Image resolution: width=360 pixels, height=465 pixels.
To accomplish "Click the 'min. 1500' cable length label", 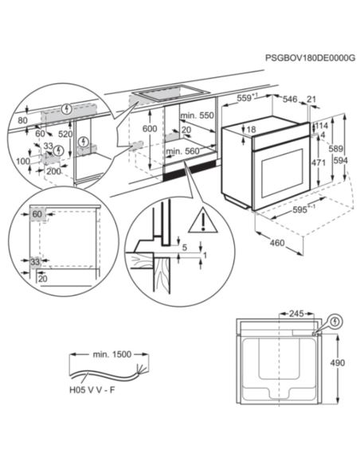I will [x=110, y=353].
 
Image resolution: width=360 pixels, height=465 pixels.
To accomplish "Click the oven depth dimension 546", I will [x=290, y=100].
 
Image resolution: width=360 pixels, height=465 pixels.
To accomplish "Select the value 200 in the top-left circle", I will [x=53, y=170].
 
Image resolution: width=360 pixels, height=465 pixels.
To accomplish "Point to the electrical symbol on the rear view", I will [x=334, y=322].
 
